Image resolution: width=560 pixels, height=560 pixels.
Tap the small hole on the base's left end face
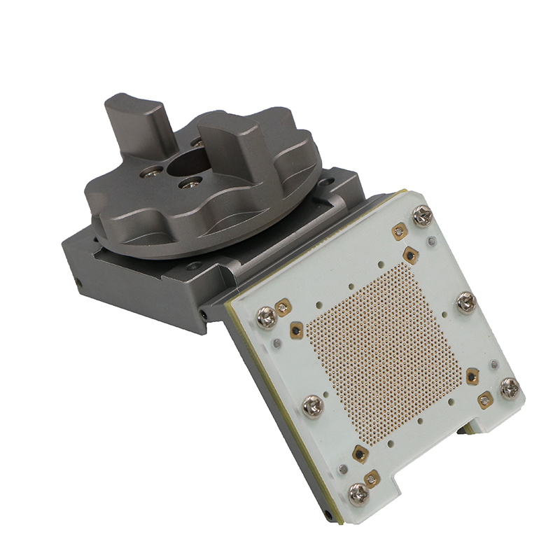pos(78,283)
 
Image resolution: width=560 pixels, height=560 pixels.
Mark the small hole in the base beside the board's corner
pos(203,316)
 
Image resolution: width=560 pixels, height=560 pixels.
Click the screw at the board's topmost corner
pos(423,216)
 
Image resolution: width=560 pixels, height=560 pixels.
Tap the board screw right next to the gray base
pos(267,317)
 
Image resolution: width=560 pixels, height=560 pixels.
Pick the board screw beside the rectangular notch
pos(359,493)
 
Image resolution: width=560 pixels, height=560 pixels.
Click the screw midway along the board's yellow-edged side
pos(312,405)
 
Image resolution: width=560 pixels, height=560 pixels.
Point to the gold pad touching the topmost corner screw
pos(400,230)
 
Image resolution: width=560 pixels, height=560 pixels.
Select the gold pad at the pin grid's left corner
pos(297,328)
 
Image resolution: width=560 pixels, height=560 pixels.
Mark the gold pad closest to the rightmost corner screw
pos(485,400)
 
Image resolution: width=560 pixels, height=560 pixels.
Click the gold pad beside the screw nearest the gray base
pos(283,306)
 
